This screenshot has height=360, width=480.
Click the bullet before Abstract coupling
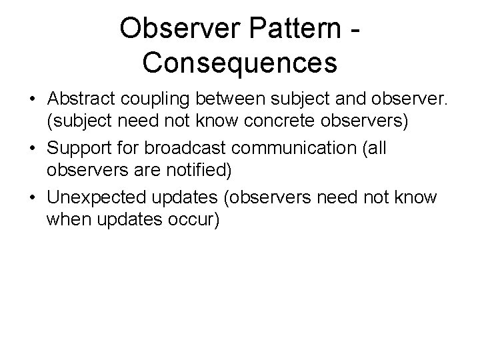point(32,99)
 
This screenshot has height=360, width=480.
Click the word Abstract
point(79,99)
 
